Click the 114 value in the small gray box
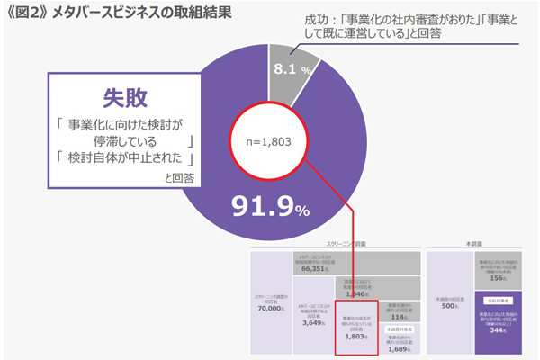[x=400, y=317]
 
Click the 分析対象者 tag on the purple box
[x=502, y=300]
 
